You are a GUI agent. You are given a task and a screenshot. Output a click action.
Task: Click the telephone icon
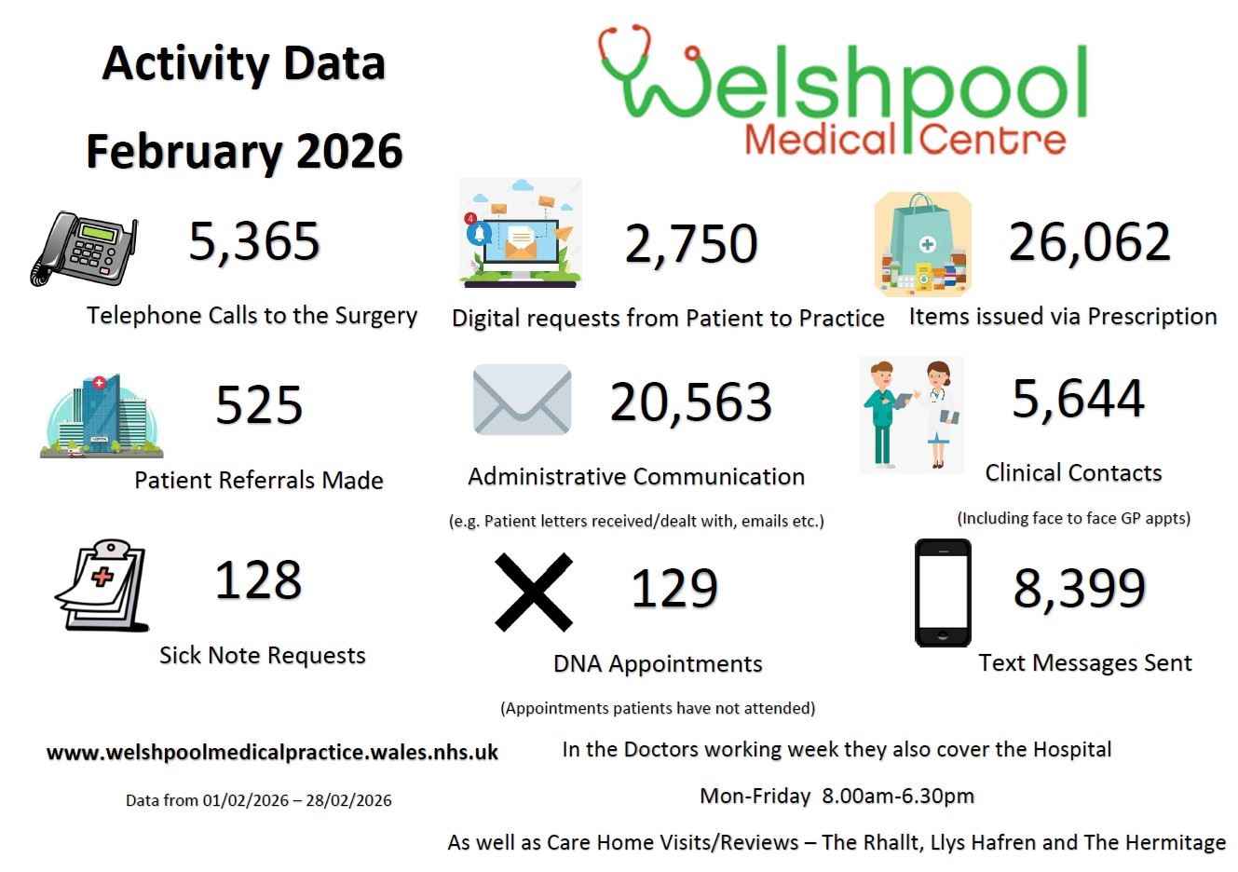(84, 249)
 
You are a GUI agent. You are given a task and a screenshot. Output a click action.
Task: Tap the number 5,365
(254, 241)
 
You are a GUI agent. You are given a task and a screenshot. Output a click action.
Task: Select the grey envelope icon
(522, 400)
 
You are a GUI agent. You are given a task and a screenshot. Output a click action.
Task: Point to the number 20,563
(690, 402)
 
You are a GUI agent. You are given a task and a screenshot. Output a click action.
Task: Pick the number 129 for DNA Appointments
(674, 589)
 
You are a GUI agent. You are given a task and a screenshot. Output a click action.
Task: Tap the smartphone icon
(943, 593)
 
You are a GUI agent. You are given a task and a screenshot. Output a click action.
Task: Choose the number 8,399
(1079, 588)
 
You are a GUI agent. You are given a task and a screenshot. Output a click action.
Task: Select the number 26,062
(1089, 242)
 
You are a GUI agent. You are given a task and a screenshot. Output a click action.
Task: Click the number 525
(259, 405)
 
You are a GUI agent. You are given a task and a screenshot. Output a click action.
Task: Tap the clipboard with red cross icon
(102, 585)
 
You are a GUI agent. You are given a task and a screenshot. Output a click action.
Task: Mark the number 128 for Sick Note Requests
(258, 579)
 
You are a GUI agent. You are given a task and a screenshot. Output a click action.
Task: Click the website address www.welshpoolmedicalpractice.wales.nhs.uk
(272, 753)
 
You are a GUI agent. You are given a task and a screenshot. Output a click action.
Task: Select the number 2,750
(690, 244)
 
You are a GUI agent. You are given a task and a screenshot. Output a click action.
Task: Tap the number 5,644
(1078, 399)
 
